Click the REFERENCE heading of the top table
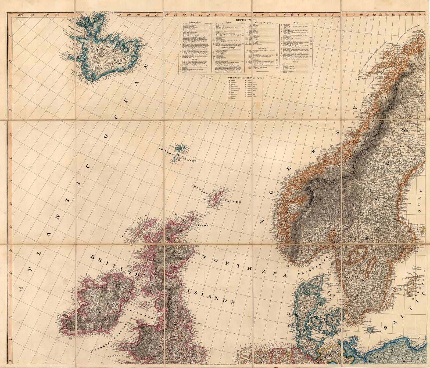(246, 20)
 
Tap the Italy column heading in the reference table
(296, 23)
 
